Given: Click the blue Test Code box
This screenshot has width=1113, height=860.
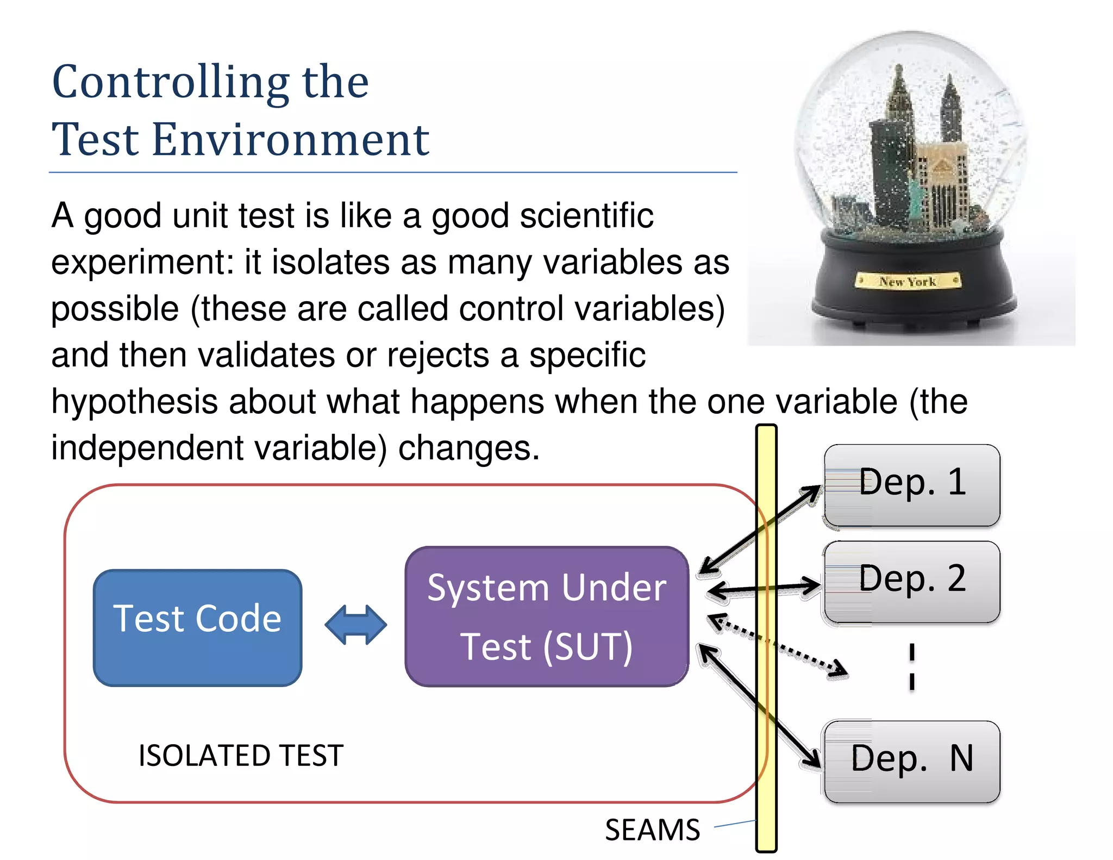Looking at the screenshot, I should [197, 627].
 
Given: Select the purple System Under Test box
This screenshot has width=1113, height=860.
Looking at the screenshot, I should [547, 616].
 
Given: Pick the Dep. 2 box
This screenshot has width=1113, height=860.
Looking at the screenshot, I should [912, 581].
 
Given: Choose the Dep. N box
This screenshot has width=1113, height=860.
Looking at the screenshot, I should [912, 761].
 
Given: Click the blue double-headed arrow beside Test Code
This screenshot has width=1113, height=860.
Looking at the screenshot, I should [355, 625].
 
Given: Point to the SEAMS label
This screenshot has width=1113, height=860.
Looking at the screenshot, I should [652, 830].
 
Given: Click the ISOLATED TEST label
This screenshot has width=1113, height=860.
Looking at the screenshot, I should [241, 756].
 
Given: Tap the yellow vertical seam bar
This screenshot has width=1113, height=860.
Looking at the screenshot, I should [766, 707].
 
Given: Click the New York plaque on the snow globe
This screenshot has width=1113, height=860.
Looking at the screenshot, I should [908, 281].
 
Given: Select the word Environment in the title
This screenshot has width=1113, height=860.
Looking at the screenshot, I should [291, 140].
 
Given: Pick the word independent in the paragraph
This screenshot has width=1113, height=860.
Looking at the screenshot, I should [147, 448].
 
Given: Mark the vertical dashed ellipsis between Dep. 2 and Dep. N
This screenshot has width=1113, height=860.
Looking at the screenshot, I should [912, 666].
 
